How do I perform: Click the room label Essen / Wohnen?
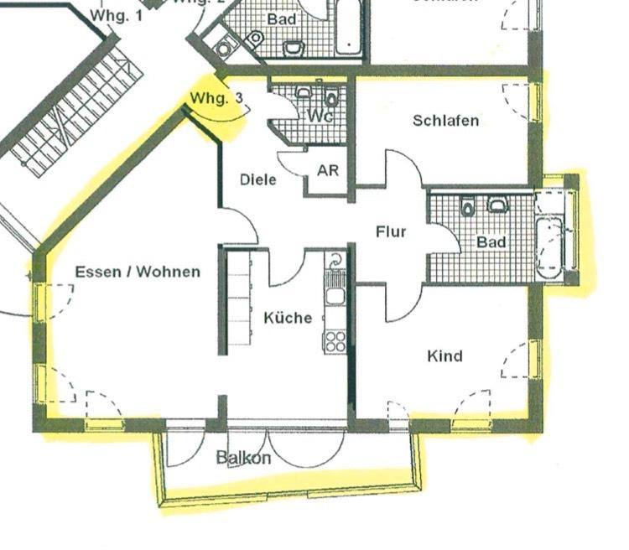tap(138, 272)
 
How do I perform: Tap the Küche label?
tap(288, 318)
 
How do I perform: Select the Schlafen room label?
tap(445, 120)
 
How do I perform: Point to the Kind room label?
tap(444, 356)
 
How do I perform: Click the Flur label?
tap(391, 231)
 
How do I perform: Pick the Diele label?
tap(257, 179)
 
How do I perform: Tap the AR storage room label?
tap(328, 170)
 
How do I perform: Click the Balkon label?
tap(244, 458)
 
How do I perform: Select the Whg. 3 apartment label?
tap(216, 98)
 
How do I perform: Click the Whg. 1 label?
tap(116, 15)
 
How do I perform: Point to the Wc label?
tap(320, 117)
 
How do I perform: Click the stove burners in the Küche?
tap(335, 340)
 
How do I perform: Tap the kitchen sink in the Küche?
tap(335, 294)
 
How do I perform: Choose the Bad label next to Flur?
tap(491, 241)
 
